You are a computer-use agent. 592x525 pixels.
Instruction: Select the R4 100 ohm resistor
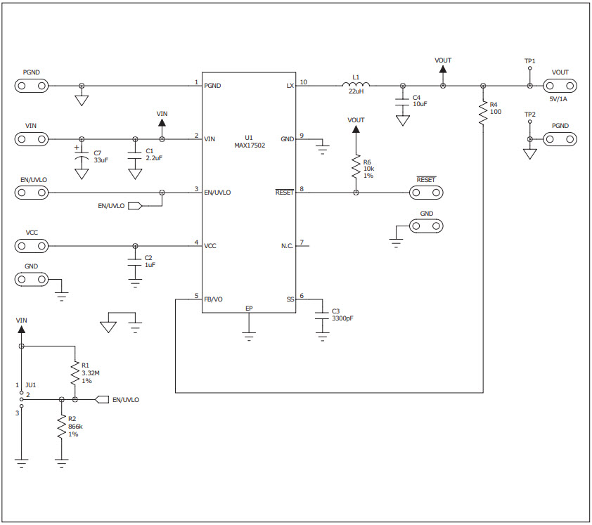(482, 113)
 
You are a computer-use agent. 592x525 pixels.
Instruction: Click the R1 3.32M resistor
(74, 373)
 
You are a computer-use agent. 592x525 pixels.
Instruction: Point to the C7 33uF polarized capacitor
(82, 155)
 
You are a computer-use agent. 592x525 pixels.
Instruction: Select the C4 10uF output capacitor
(402, 101)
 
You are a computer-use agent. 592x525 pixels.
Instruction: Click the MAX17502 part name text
(249, 145)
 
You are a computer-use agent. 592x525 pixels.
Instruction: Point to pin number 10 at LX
(303, 82)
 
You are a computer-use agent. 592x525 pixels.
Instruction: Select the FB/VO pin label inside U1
(213, 299)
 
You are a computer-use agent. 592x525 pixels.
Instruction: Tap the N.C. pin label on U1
(287, 246)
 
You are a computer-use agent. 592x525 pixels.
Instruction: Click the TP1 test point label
(529, 61)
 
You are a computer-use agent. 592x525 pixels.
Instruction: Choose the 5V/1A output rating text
(560, 99)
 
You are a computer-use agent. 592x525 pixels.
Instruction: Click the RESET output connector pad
(427, 193)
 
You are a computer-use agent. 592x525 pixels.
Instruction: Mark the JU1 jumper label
(30, 385)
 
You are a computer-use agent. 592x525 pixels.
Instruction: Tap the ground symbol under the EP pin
(249, 336)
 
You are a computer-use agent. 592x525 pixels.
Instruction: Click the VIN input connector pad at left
(32, 139)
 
